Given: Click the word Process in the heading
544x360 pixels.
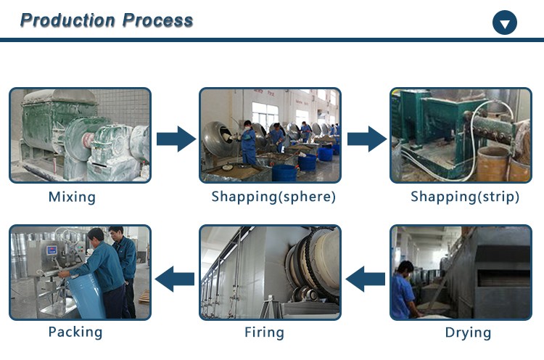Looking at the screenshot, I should click(x=158, y=20).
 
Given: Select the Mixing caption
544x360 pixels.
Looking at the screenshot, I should click(x=72, y=197).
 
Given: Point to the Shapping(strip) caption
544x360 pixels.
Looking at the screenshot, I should click(x=465, y=197).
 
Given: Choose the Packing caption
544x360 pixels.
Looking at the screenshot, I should click(x=75, y=332).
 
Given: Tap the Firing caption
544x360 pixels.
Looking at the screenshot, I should click(x=264, y=333).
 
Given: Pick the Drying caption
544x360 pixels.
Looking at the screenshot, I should click(x=468, y=333).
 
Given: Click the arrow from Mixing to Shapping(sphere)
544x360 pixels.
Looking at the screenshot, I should click(x=176, y=137).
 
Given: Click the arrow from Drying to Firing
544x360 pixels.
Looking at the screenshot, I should click(x=364, y=276).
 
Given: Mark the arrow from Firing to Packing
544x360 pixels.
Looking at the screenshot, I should click(x=175, y=276).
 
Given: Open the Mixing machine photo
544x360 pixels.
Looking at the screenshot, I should click(x=79, y=135).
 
